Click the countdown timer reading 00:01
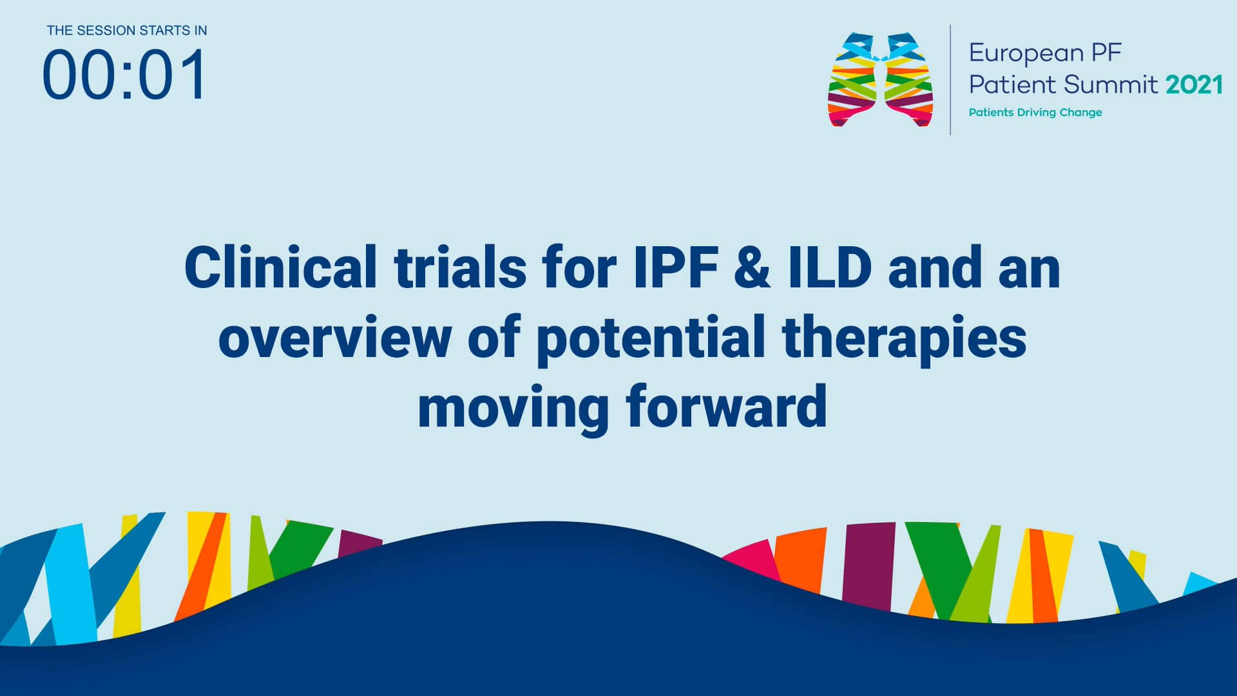coord(124,75)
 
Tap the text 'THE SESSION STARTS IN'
coord(127,30)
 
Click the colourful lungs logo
coord(880,80)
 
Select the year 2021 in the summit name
coord(1194,85)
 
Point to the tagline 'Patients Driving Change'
coord(1035,113)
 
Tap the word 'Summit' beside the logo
coord(1110,85)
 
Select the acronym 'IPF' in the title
coord(675,267)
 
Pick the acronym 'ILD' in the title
coord(830,267)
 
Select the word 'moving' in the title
coord(513,407)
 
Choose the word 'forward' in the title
coord(726,407)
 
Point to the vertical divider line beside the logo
coord(950,80)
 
